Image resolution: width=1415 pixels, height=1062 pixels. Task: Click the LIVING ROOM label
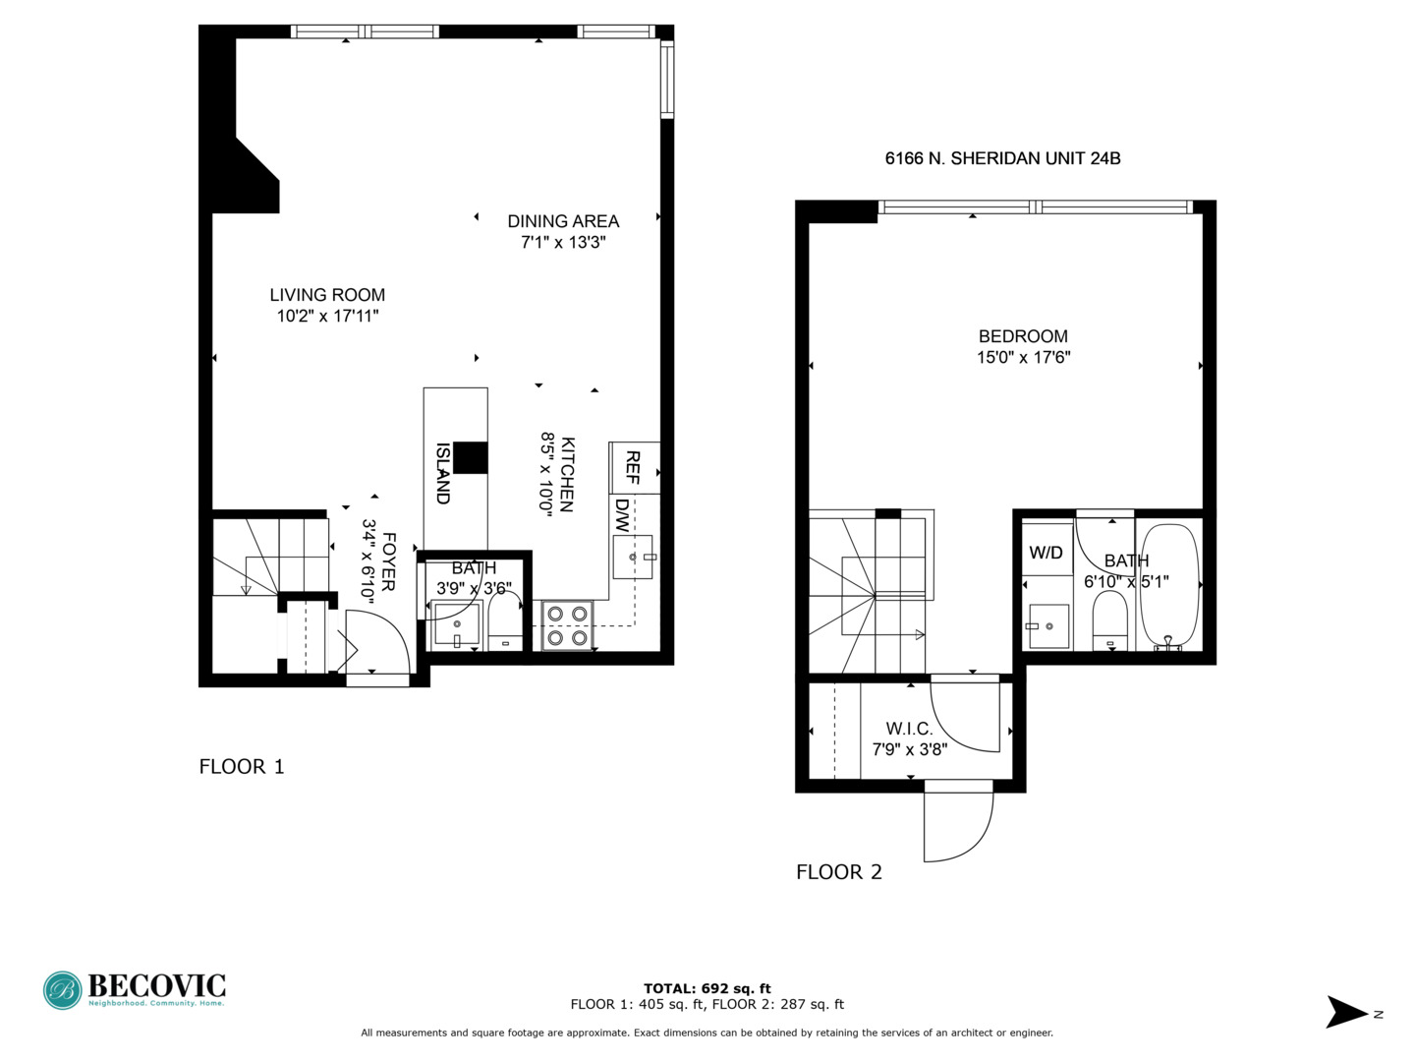click(327, 295)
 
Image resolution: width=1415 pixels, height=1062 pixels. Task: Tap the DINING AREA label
click(563, 221)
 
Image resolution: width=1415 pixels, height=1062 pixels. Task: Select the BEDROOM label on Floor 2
click(1023, 336)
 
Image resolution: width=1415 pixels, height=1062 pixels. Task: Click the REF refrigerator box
click(634, 468)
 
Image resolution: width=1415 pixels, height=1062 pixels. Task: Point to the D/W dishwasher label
click(622, 515)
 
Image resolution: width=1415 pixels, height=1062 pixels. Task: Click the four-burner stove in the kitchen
click(567, 626)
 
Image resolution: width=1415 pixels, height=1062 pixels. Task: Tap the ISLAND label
click(443, 473)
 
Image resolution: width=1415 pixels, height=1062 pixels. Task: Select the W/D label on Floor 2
click(1046, 553)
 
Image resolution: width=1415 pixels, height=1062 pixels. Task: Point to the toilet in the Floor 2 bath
click(1109, 619)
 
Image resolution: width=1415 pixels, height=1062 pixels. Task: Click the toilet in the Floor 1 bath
click(505, 621)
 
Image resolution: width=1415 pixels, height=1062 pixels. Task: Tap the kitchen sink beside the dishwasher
click(633, 558)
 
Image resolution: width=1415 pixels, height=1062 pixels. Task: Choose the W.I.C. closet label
click(909, 729)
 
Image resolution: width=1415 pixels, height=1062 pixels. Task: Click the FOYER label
click(388, 561)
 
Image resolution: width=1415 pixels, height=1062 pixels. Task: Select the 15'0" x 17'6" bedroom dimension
click(1023, 358)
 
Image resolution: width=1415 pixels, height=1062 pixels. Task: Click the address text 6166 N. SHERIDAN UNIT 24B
click(1002, 158)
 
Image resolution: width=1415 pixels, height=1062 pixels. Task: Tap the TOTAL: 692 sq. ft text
click(707, 989)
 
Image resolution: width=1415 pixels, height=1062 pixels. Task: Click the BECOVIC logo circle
click(63, 991)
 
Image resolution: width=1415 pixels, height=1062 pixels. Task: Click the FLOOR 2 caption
click(838, 872)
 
